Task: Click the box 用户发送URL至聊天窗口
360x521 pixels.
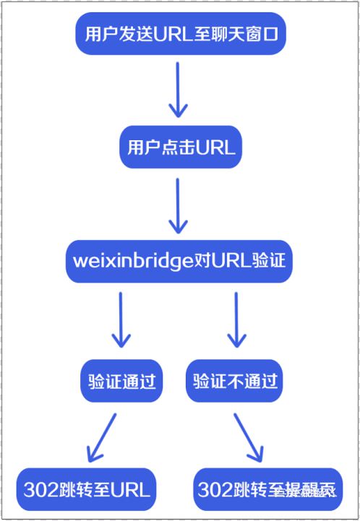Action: coord(180,34)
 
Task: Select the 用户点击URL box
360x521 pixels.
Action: coord(180,147)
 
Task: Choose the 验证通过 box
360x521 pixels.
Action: coord(121,381)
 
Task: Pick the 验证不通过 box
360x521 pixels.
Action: coord(236,381)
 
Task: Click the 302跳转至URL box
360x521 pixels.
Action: coord(87,489)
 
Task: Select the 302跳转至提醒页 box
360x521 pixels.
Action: coord(267,489)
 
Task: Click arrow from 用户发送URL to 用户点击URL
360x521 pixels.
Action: coord(178,90)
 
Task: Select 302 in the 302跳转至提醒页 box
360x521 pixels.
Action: coord(215,489)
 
